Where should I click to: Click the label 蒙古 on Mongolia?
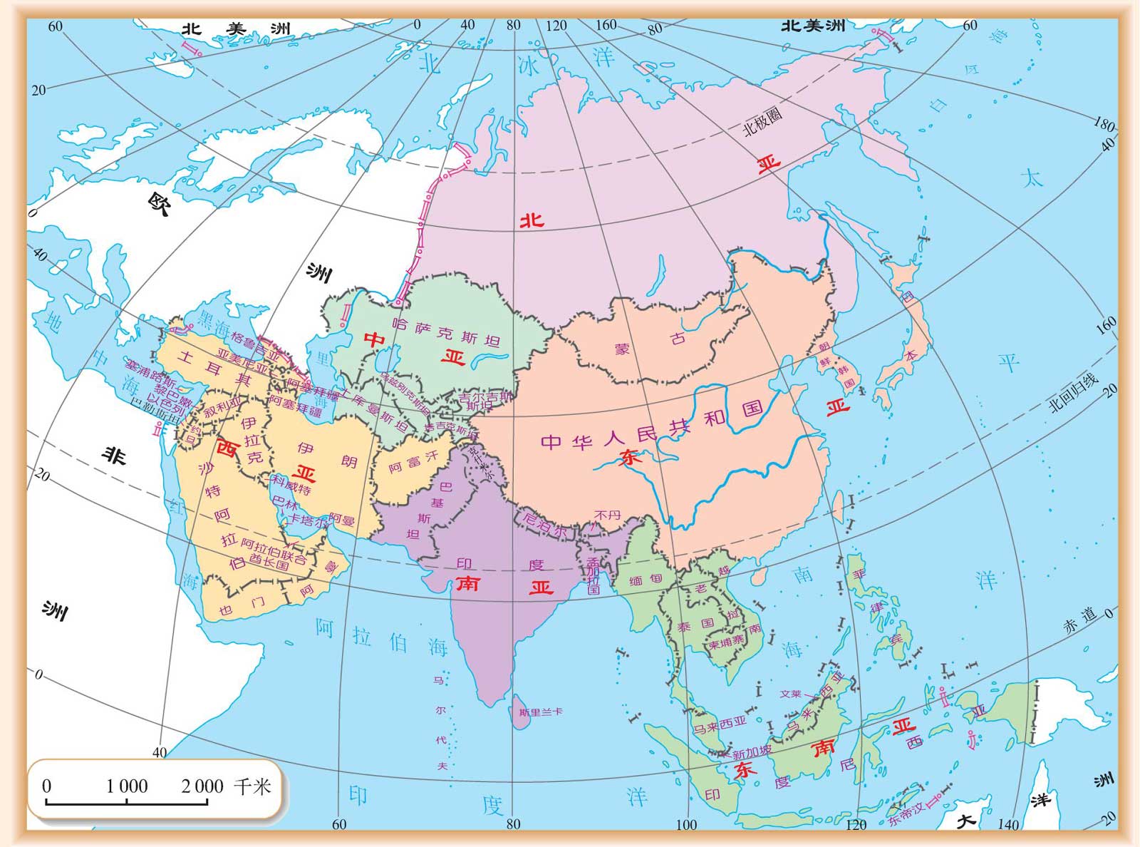point(649,344)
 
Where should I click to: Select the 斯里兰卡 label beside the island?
point(541,712)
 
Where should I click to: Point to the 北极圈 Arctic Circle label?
point(762,122)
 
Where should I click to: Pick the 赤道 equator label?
point(1079,620)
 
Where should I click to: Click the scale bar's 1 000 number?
point(127,786)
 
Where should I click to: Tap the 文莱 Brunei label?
point(791,694)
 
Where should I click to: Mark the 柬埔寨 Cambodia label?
point(726,641)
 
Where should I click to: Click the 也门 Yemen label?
point(242,606)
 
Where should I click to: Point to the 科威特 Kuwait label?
point(291,486)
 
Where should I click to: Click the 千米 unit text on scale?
point(252,786)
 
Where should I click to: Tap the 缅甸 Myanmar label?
point(646,580)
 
